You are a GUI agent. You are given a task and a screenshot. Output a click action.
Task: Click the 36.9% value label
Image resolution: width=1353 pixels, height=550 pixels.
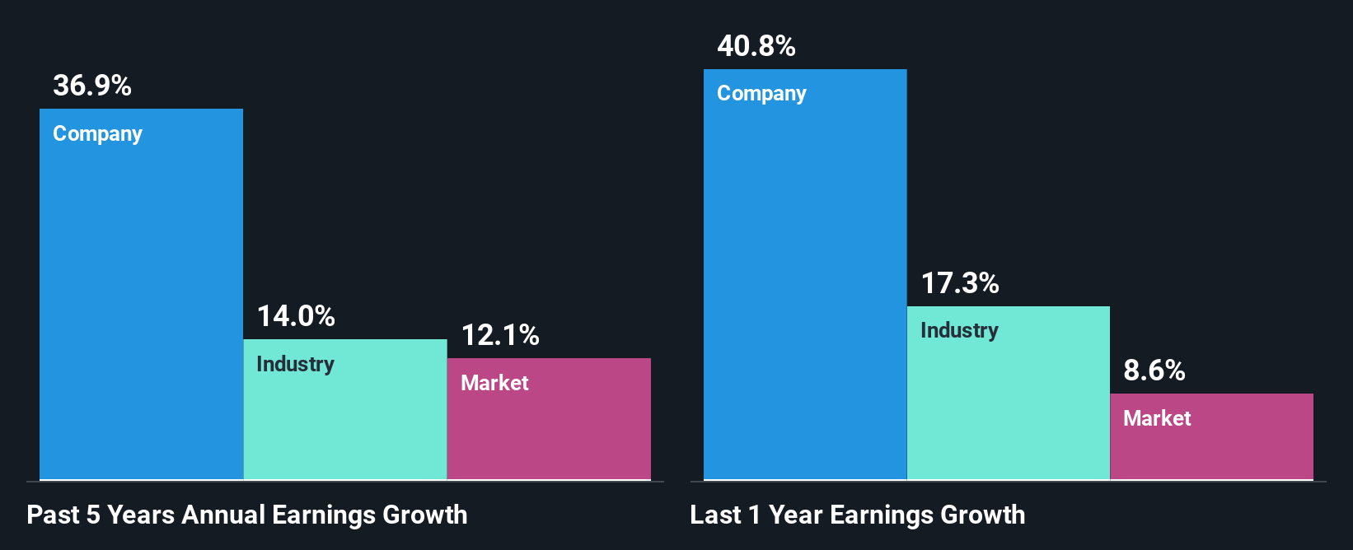click(x=92, y=86)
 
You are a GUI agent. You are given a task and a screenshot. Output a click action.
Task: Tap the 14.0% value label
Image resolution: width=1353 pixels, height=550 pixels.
click(x=296, y=316)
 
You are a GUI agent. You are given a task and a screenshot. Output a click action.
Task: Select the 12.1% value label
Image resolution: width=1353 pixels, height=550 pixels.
click(x=500, y=335)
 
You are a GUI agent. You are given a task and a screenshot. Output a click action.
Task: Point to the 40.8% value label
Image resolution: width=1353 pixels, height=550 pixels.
click(x=756, y=46)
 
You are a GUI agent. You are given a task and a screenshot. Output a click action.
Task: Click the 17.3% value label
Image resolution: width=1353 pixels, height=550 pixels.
click(x=960, y=284)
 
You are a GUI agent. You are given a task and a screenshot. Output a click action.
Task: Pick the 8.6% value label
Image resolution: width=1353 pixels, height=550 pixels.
click(x=1154, y=371)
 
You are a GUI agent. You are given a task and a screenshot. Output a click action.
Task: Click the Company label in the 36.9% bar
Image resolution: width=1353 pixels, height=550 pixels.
click(x=97, y=134)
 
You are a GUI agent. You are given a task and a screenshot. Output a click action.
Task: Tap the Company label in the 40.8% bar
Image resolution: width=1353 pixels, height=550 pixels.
click(x=761, y=94)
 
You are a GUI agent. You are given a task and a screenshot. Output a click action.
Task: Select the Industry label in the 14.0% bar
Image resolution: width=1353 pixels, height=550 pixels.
click(x=295, y=364)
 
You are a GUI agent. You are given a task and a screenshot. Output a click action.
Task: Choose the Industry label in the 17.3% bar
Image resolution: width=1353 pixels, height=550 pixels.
click(x=959, y=330)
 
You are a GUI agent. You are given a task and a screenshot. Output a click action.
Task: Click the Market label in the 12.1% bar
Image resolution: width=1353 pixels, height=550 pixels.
click(x=494, y=383)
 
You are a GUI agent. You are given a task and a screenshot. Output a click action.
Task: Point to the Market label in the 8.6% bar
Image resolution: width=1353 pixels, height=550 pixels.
click(x=1157, y=418)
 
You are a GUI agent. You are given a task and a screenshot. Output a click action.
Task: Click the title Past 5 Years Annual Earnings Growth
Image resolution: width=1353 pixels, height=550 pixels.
click(x=247, y=515)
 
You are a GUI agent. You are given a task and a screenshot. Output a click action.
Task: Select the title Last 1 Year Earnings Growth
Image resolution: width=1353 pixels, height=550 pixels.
click(x=858, y=515)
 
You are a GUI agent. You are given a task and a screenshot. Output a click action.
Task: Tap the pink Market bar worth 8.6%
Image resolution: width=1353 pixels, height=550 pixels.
click(x=1211, y=449)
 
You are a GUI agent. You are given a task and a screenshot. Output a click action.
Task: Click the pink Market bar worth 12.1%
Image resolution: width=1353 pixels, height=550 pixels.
click(x=549, y=432)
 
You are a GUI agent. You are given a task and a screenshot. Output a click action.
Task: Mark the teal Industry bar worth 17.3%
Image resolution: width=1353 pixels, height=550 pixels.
click(x=1009, y=403)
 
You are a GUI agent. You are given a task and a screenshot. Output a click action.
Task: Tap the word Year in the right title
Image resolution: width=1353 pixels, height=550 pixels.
click(x=795, y=515)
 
